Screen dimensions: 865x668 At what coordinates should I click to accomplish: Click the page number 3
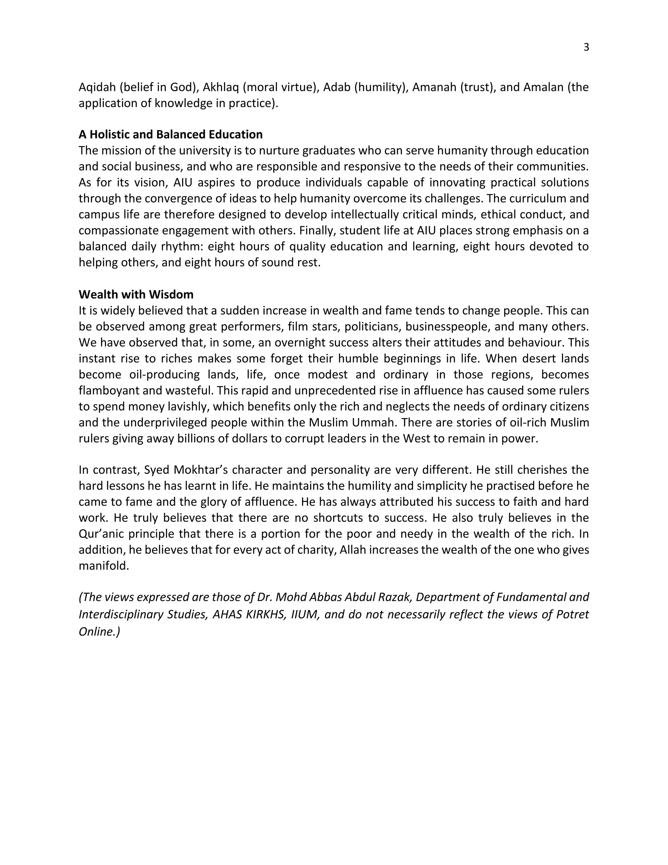(x=586, y=48)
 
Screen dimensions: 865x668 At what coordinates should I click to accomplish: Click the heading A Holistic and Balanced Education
(x=171, y=135)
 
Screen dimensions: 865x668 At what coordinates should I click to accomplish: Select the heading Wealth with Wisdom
(x=136, y=294)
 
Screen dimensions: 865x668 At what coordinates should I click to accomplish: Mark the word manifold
(x=104, y=566)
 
